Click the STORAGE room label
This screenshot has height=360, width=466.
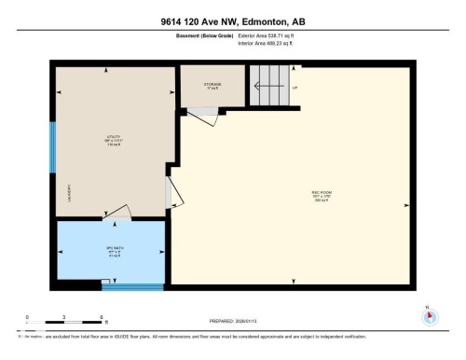click(212, 84)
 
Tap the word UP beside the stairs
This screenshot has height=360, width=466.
click(295, 89)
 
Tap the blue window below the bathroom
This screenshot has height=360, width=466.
click(119, 287)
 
